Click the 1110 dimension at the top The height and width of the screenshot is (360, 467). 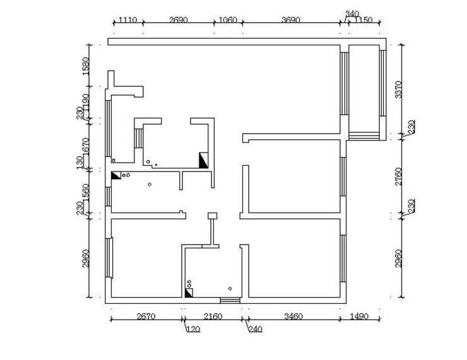coord(127,20)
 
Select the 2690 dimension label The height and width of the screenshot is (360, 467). coord(179,20)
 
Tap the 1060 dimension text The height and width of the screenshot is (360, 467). coord(227,20)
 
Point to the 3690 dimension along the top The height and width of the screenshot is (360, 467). coord(290,20)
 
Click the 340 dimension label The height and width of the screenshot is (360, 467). coord(352,13)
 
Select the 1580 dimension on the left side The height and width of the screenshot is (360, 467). coord(86,66)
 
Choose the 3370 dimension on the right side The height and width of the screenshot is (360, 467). coord(398,89)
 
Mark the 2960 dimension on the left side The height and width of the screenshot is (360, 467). coord(86,258)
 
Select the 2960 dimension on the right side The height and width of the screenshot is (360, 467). coord(398,258)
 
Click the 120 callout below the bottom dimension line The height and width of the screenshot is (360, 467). coord(192,328)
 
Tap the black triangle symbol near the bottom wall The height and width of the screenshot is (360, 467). coord(189,293)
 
